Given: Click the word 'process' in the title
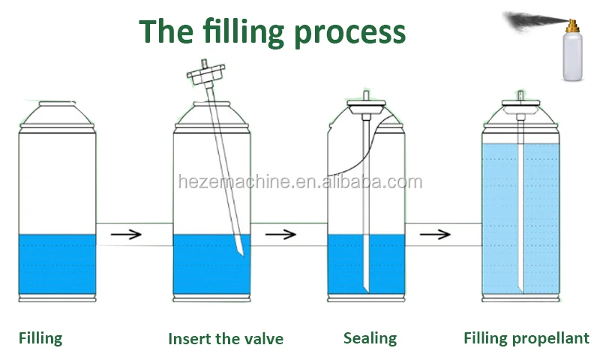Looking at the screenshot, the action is coord(348,33).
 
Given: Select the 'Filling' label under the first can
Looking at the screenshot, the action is coord(40,337).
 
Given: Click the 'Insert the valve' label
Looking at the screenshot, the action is coord(226,338).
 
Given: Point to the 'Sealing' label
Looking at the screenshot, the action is coord(370,337).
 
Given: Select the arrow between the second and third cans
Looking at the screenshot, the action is coord(280,233).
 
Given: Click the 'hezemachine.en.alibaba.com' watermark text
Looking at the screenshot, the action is coord(300,181).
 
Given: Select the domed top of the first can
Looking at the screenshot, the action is coord(56,113).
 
